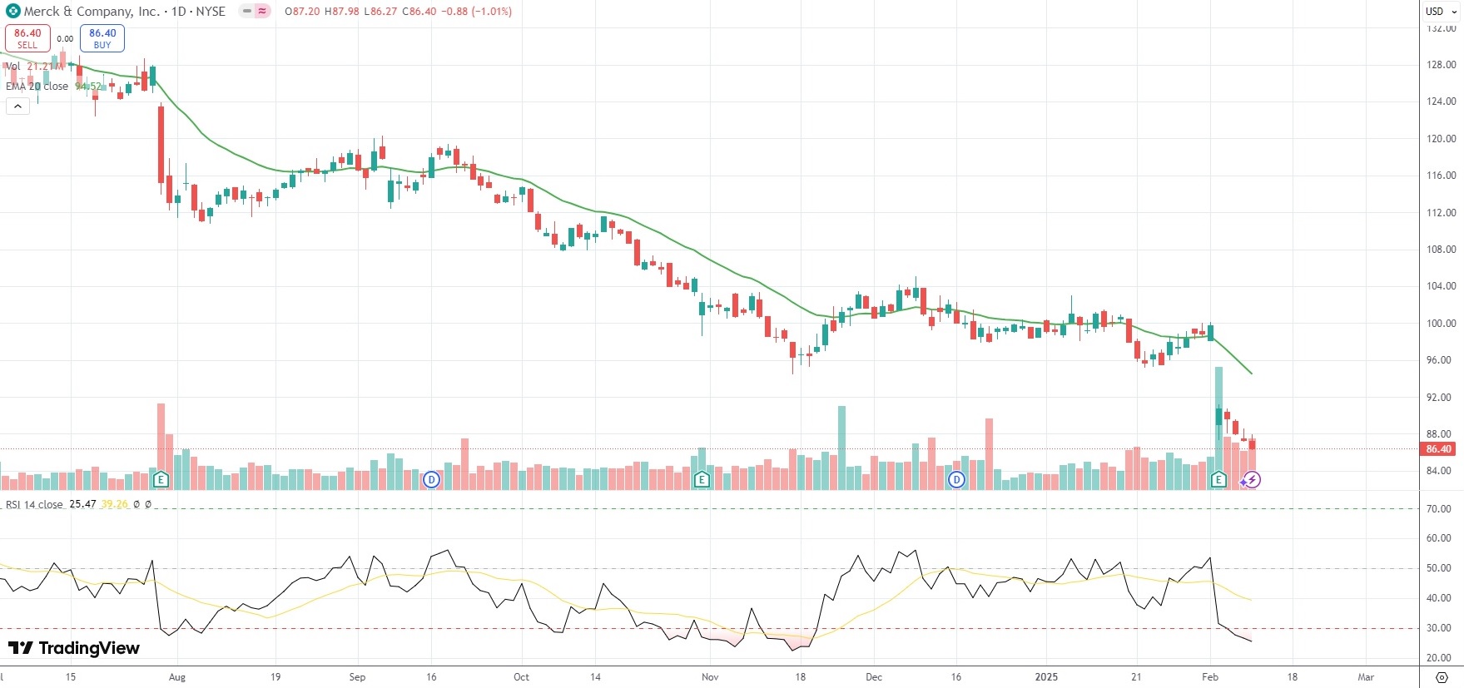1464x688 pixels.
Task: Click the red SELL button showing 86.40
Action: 27,38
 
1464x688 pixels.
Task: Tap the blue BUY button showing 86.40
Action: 102,38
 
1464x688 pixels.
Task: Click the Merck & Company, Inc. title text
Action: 92,12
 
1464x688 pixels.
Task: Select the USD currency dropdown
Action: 1441,12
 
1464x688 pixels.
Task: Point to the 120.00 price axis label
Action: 1441,139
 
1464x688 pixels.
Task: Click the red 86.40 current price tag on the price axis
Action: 1438,449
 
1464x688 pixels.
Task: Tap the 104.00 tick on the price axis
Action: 1441,286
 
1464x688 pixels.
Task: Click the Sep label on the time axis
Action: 357,677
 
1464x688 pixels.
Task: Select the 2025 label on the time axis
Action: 1046,677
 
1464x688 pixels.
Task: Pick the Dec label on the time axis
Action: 874,677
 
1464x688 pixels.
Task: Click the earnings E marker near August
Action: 161,479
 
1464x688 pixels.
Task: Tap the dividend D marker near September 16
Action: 431,479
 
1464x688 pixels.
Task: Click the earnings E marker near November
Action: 702,479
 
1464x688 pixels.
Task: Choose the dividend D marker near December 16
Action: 956,479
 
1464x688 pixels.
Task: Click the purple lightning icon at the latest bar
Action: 1252,480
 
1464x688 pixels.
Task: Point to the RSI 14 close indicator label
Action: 34,505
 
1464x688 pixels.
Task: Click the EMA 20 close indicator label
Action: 37,87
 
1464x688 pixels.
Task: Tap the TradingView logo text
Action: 74,648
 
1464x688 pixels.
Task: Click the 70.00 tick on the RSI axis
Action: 1439,508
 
